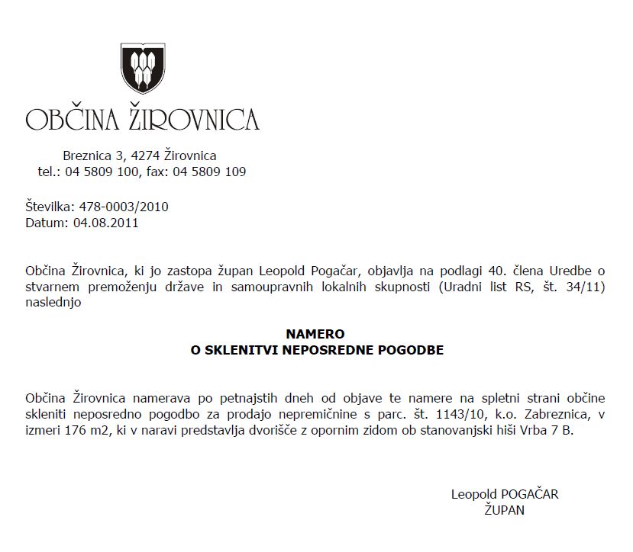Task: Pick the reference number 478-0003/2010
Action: tap(123, 207)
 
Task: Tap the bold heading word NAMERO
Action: tap(315, 334)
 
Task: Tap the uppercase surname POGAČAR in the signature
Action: tap(528, 494)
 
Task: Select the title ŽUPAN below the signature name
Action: tap(505, 510)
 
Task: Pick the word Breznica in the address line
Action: tap(86, 156)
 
